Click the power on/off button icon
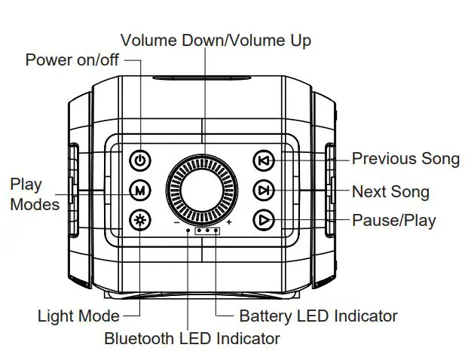pos(139,160)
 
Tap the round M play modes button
pos(139,191)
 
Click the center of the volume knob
pos(201,188)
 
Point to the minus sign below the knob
pos(176,223)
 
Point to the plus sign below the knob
pos(228,223)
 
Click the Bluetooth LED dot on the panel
pos(188,230)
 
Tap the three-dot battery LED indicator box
pos(208,230)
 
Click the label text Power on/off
pos(72,60)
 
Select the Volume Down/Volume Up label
pos(216,40)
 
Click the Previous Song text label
pos(405,159)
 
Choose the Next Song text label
pos(390,192)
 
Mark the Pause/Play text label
pos(393,221)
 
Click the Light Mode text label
pos(78,316)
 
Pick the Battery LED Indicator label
pos(318,316)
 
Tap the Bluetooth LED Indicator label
pos(192,338)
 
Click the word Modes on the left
pos(35,204)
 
